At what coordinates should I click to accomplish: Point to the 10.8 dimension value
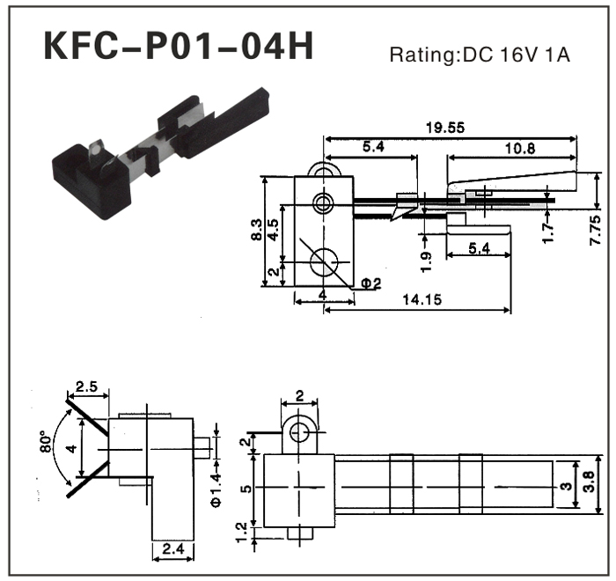517,148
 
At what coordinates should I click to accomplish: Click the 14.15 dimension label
422,300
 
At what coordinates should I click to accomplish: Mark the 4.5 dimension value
275,231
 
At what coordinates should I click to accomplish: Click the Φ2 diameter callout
370,283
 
